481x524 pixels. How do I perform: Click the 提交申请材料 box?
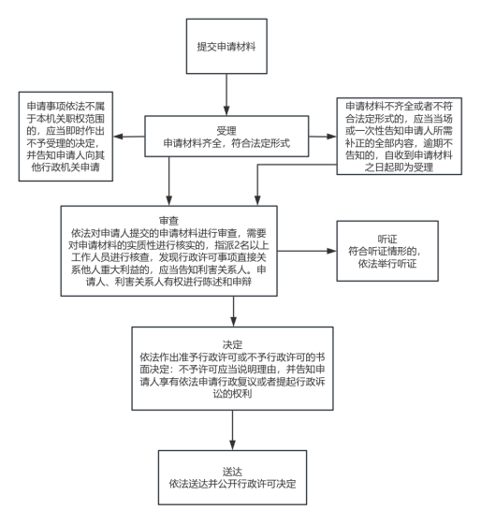pos(226,46)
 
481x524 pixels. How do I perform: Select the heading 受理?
pos(226,131)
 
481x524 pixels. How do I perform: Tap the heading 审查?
pos(168,221)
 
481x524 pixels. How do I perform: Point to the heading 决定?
pos(232,344)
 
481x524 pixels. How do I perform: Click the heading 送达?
pos(232,472)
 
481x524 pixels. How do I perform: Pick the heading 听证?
pos(387,239)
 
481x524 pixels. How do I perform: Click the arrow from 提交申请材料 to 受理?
pos(226,95)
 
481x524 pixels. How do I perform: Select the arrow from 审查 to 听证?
pos(307,251)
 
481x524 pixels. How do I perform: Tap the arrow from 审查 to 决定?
pos(233,312)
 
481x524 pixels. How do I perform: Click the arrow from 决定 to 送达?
pos(232,430)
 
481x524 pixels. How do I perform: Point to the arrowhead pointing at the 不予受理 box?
pos(118,137)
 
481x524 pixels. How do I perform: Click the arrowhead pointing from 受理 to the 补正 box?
pos(331,137)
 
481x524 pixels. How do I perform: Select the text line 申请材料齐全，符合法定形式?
pos(226,143)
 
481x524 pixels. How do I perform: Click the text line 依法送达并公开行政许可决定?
pos(232,484)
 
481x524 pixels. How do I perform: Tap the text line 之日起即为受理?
pos(399,167)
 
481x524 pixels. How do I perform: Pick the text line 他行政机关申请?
pos(66,167)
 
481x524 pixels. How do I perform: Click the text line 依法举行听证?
pos(387,264)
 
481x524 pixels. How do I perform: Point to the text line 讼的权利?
pos(232,394)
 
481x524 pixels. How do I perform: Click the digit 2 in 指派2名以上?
pos(237,245)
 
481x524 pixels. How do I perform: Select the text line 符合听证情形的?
pos(385,252)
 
